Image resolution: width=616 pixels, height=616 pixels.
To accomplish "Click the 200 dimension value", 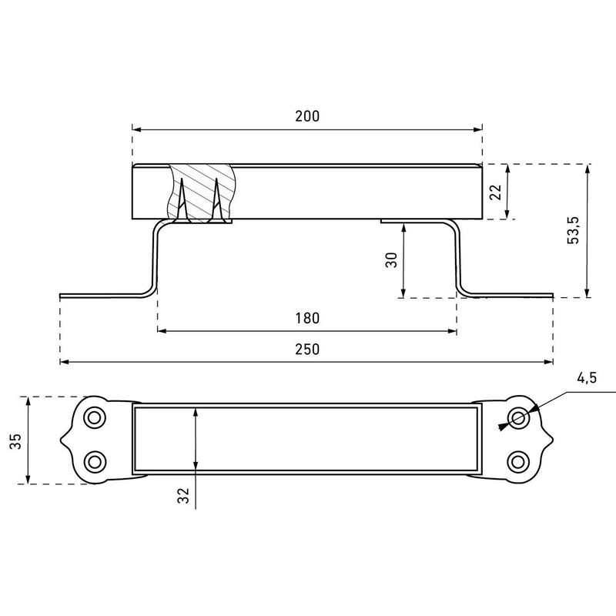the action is (x=307, y=116).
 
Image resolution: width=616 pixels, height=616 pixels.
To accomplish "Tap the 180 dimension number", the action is (x=307, y=318).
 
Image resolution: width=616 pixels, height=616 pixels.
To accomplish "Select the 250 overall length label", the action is (x=307, y=350).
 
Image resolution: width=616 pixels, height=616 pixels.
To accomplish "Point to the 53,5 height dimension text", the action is (x=574, y=230).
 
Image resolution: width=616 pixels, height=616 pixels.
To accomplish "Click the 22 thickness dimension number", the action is (x=496, y=192).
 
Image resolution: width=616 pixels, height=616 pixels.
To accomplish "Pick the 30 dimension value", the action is (x=391, y=260).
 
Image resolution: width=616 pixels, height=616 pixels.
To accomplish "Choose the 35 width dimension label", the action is (x=15, y=441).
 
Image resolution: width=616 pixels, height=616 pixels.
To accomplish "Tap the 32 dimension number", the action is (x=183, y=495).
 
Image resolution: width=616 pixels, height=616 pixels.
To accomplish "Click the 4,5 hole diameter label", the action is (x=587, y=378).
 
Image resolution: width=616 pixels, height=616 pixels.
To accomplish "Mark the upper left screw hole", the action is (x=94, y=417).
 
